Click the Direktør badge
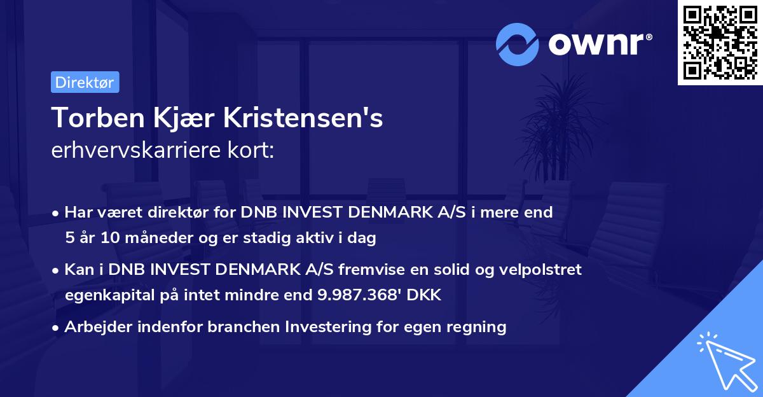point(85,82)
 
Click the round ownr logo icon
point(518,43)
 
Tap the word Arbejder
point(93,327)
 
